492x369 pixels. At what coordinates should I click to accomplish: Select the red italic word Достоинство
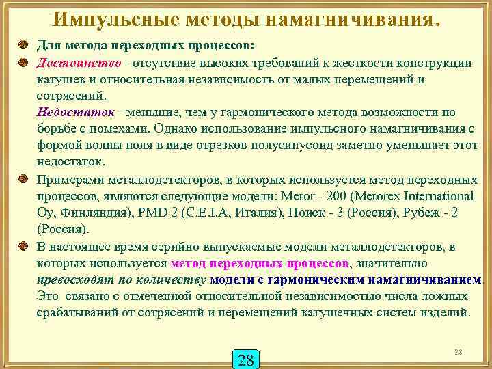pos(70,62)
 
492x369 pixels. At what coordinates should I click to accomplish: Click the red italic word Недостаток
pos(71,111)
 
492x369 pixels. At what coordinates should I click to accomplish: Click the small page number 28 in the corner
pos(459,351)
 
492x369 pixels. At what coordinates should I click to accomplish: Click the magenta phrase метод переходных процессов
pos(260,263)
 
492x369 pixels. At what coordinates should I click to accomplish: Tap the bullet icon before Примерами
pos(23,180)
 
